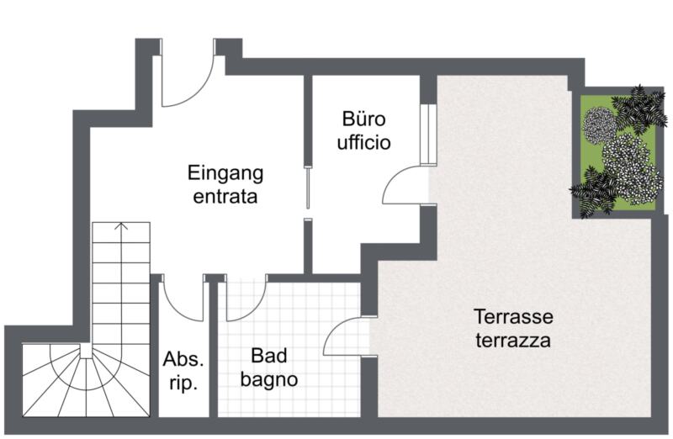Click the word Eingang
pos(225,174)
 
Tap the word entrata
pos(225,198)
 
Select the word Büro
pos(363,118)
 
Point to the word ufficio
pos(364,141)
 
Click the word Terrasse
pos(513,317)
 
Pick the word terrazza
pos(512,341)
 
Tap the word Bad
pos(268,355)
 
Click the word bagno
pos(269,379)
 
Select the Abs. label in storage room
pos(183,360)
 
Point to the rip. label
pos(183,384)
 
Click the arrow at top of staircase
pos(121,226)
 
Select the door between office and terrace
pos(406,186)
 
